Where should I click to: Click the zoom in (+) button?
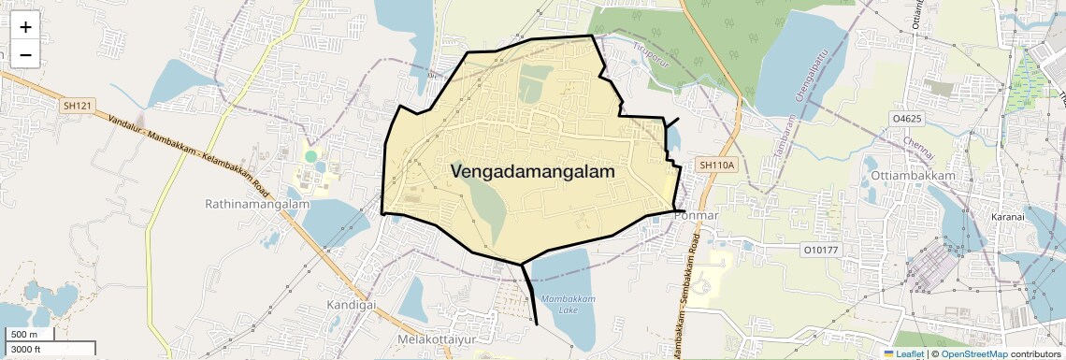(x=25, y=27)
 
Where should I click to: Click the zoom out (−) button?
(x=25, y=55)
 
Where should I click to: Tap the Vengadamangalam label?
(x=533, y=172)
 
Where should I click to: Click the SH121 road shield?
(x=77, y=107)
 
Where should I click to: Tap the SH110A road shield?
(x=718, y=166)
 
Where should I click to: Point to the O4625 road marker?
(x=907, y=120)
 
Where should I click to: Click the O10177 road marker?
(x=822, y=250)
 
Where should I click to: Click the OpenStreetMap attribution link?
(x=973, y=353)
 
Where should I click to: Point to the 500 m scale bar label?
(x=24, y=335)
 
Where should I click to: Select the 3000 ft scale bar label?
(x=27, y=349)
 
